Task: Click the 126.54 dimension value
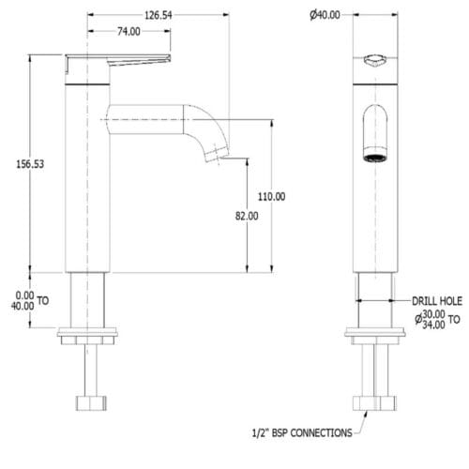159,15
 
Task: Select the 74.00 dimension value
129,31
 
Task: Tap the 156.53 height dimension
30,164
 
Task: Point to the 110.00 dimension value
271,196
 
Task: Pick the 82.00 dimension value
247,216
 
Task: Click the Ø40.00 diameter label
325,15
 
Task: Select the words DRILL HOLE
437,301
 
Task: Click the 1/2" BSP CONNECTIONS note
302,432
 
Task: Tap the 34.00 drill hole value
433,325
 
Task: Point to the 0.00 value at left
24,295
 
